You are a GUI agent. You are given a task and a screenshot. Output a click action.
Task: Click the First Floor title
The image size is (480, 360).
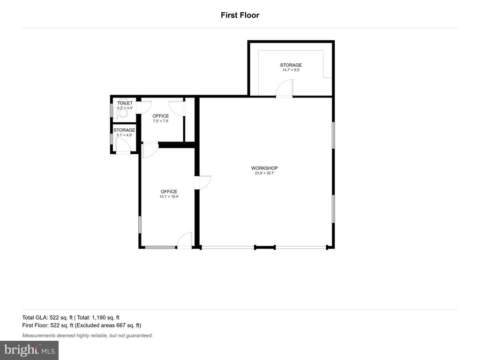tap(240, 15)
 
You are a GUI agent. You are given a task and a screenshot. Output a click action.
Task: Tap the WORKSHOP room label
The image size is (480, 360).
tap(264, 168)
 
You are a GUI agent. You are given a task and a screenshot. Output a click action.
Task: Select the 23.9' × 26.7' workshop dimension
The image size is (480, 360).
tap(264, 173)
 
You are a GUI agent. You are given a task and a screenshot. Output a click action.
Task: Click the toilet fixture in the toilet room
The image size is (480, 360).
tap(122, 112)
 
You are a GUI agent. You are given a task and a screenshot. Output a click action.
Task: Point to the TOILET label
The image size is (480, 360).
tap(125, 103)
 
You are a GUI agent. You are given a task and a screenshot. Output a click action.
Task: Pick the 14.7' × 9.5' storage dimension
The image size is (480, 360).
tap(291, 70)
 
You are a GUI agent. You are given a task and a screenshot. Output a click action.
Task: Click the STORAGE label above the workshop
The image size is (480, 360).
tap(291, 65)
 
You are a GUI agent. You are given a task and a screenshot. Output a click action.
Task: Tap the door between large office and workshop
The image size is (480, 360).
tap(202, 182)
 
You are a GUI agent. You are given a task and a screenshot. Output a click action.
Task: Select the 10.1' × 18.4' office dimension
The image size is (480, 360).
tap(169, 196)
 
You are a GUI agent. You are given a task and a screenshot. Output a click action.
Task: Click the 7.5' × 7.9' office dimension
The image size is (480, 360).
tap(161, 120)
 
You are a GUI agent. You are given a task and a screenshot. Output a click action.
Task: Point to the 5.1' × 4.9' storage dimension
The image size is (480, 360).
tap(124, 135)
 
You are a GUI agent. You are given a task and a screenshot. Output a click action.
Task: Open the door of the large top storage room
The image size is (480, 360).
tap(285, 88)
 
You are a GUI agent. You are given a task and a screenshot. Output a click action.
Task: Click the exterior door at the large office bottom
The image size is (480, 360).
tap(185, 240)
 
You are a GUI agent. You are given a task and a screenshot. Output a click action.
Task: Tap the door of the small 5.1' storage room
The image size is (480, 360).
tap(123, 145)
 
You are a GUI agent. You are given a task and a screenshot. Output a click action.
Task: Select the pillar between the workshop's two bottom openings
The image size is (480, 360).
tap(265, 247)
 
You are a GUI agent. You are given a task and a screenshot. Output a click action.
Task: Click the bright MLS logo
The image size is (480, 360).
tap(30, 350)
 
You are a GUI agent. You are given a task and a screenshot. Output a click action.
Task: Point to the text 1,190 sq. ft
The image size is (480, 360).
tap(105, 317)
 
